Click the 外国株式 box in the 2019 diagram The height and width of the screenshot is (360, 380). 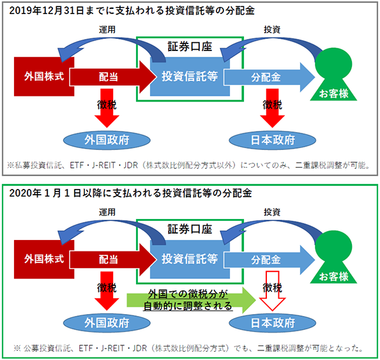coord(44,77)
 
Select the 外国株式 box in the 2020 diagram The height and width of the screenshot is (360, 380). coord(44,259)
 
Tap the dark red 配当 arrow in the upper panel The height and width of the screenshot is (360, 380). coord(112,77)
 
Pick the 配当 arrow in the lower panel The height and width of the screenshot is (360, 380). coord(112,260)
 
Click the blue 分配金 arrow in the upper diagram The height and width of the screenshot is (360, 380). coord(269,77)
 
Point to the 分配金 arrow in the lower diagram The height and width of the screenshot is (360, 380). coord(269,260)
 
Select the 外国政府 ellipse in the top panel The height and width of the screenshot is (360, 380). coord(107,140)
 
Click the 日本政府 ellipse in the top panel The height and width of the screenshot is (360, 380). coord(273,140)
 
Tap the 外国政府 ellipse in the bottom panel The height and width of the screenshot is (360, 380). coord(107,323)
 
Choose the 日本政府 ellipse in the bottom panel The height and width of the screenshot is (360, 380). coord(273,323)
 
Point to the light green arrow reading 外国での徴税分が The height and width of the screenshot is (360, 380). coord(191,300)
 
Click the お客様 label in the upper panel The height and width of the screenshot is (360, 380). coord(334,94)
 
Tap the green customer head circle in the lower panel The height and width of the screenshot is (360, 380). coord(333,246)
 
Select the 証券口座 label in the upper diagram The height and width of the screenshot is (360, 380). coord(190,47)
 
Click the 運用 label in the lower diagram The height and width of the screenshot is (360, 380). coord(107,212)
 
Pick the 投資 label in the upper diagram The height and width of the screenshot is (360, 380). coord(272,29)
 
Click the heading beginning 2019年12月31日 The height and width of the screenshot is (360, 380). coord(132,11)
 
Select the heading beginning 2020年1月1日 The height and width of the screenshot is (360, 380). coord(130,193)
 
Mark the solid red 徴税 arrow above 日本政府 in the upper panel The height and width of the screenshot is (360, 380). coord(272,108)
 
